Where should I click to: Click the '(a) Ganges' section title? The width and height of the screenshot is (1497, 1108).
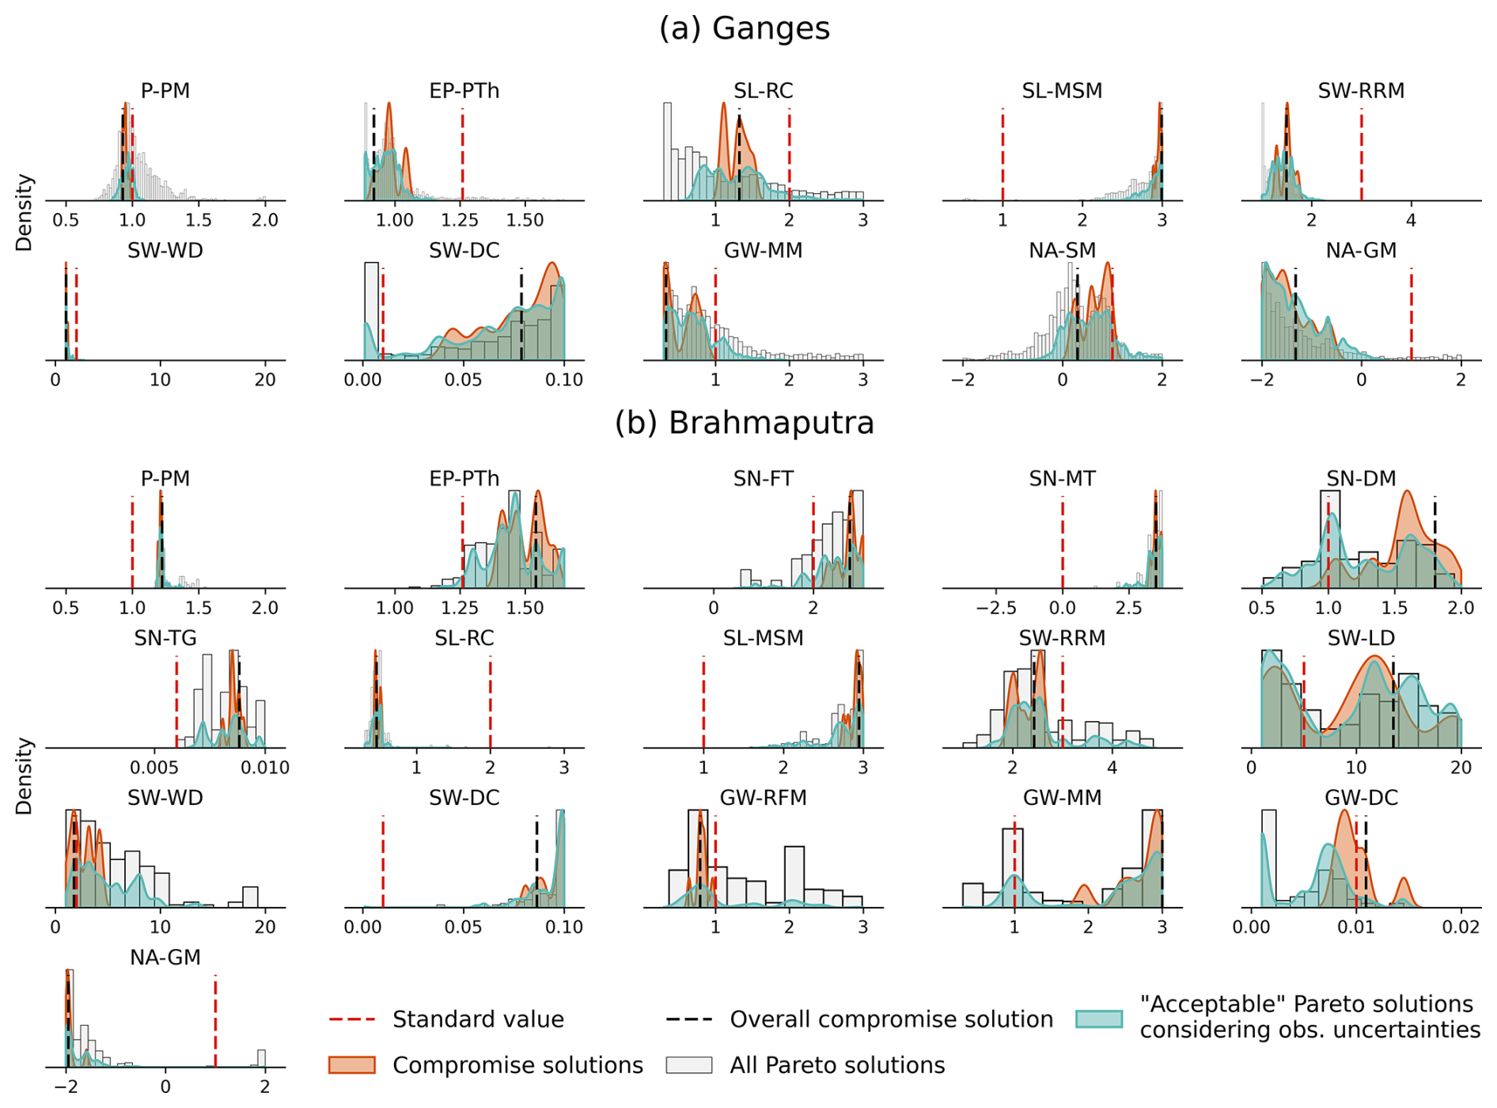click(745, 28)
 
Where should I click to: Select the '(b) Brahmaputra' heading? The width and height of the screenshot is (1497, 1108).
click(745, 423)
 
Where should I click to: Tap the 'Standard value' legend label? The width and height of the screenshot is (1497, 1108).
click(478, 1019)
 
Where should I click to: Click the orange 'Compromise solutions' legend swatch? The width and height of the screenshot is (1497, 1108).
click(352, 1065)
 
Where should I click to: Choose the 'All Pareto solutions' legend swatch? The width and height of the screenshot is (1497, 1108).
click(688, 1065)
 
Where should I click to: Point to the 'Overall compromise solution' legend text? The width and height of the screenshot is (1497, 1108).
click(891, 1019)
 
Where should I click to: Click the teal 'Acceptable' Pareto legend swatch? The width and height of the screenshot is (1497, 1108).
click(1099, 1019)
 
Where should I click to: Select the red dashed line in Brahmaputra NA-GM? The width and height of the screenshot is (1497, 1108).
click(215, 1021)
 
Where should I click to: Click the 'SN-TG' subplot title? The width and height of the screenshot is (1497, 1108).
click(165, 638)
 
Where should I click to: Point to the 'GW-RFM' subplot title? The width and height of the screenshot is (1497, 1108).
click(763, 798)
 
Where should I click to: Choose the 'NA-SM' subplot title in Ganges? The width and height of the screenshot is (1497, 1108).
click(1062, 251)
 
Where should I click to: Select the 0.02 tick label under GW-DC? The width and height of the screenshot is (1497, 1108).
click(1460, 928)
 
